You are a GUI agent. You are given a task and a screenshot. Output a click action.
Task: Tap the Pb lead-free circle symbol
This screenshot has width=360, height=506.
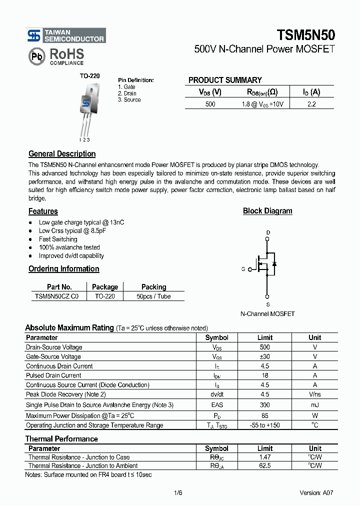pyautogui.click(x=36, y=56)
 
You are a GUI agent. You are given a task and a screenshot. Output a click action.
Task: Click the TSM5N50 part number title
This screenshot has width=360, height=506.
pyautogui.click(x=305, y=35)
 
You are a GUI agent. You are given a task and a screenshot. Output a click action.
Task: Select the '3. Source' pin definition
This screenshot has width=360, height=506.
pyautogui.click(x=129, y=100)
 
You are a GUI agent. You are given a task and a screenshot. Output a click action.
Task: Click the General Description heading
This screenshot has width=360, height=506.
pyautogui.click(x=62, y=154)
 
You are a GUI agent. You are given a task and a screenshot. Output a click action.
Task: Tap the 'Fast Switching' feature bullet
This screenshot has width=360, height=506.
pyautogui.click(x=58, y=239)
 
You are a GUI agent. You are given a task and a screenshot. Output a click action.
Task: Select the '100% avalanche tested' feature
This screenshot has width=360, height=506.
pyautogui.click(x=69, y=247)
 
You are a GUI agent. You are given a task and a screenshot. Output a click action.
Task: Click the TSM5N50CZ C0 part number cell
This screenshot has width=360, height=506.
pyautogui.click(x=56, y=296)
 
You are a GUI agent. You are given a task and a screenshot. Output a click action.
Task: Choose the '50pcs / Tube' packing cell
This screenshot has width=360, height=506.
pyautogui.click(x=153, y=296)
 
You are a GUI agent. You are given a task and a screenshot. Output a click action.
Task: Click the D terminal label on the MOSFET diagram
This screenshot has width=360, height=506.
pyautogui.click(x=267, y=232)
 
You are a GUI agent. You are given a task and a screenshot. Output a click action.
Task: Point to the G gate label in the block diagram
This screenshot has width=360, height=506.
pyautogui.click(x=243, y=269)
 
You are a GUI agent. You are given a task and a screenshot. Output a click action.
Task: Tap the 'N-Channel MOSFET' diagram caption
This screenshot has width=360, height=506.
pyautogui.click(x=267, y=314)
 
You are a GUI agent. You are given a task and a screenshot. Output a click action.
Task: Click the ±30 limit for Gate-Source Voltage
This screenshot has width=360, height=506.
pyautogui.click(x=264, y=357)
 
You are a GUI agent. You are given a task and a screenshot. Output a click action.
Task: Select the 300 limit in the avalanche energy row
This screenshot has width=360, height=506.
pyautogui.click(x=264, y=405)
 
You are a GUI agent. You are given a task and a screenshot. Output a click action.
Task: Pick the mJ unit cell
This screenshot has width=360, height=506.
pyautogui.click(x=314, y=405)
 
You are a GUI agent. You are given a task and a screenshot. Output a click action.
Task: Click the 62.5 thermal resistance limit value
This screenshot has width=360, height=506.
pyautogui.click(x=264, y=465)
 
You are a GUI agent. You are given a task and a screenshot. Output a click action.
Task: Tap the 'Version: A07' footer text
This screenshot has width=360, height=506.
pyautogui.click(x=316, y=492)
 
